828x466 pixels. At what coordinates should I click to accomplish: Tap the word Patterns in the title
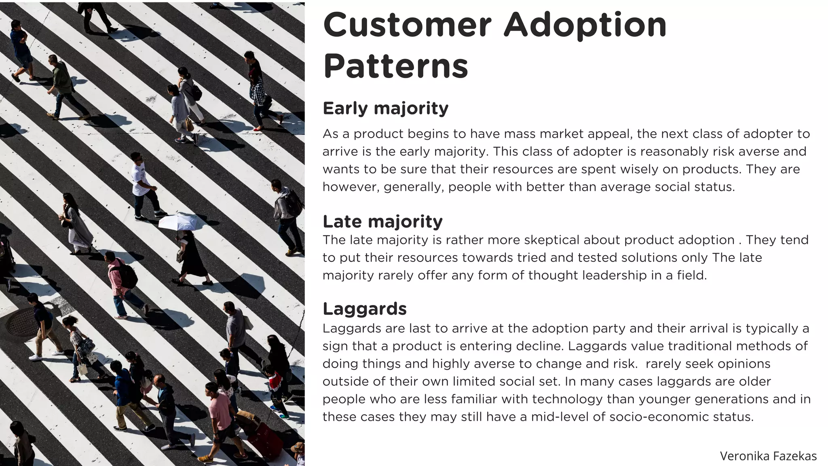395,66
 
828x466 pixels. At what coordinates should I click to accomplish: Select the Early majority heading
385,108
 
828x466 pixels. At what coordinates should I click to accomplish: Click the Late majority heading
382,222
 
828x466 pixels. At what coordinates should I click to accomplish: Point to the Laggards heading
364,309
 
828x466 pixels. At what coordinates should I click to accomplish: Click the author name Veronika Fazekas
768,456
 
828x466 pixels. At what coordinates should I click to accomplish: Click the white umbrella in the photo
178,222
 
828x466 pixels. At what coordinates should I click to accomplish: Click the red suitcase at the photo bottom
265,439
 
